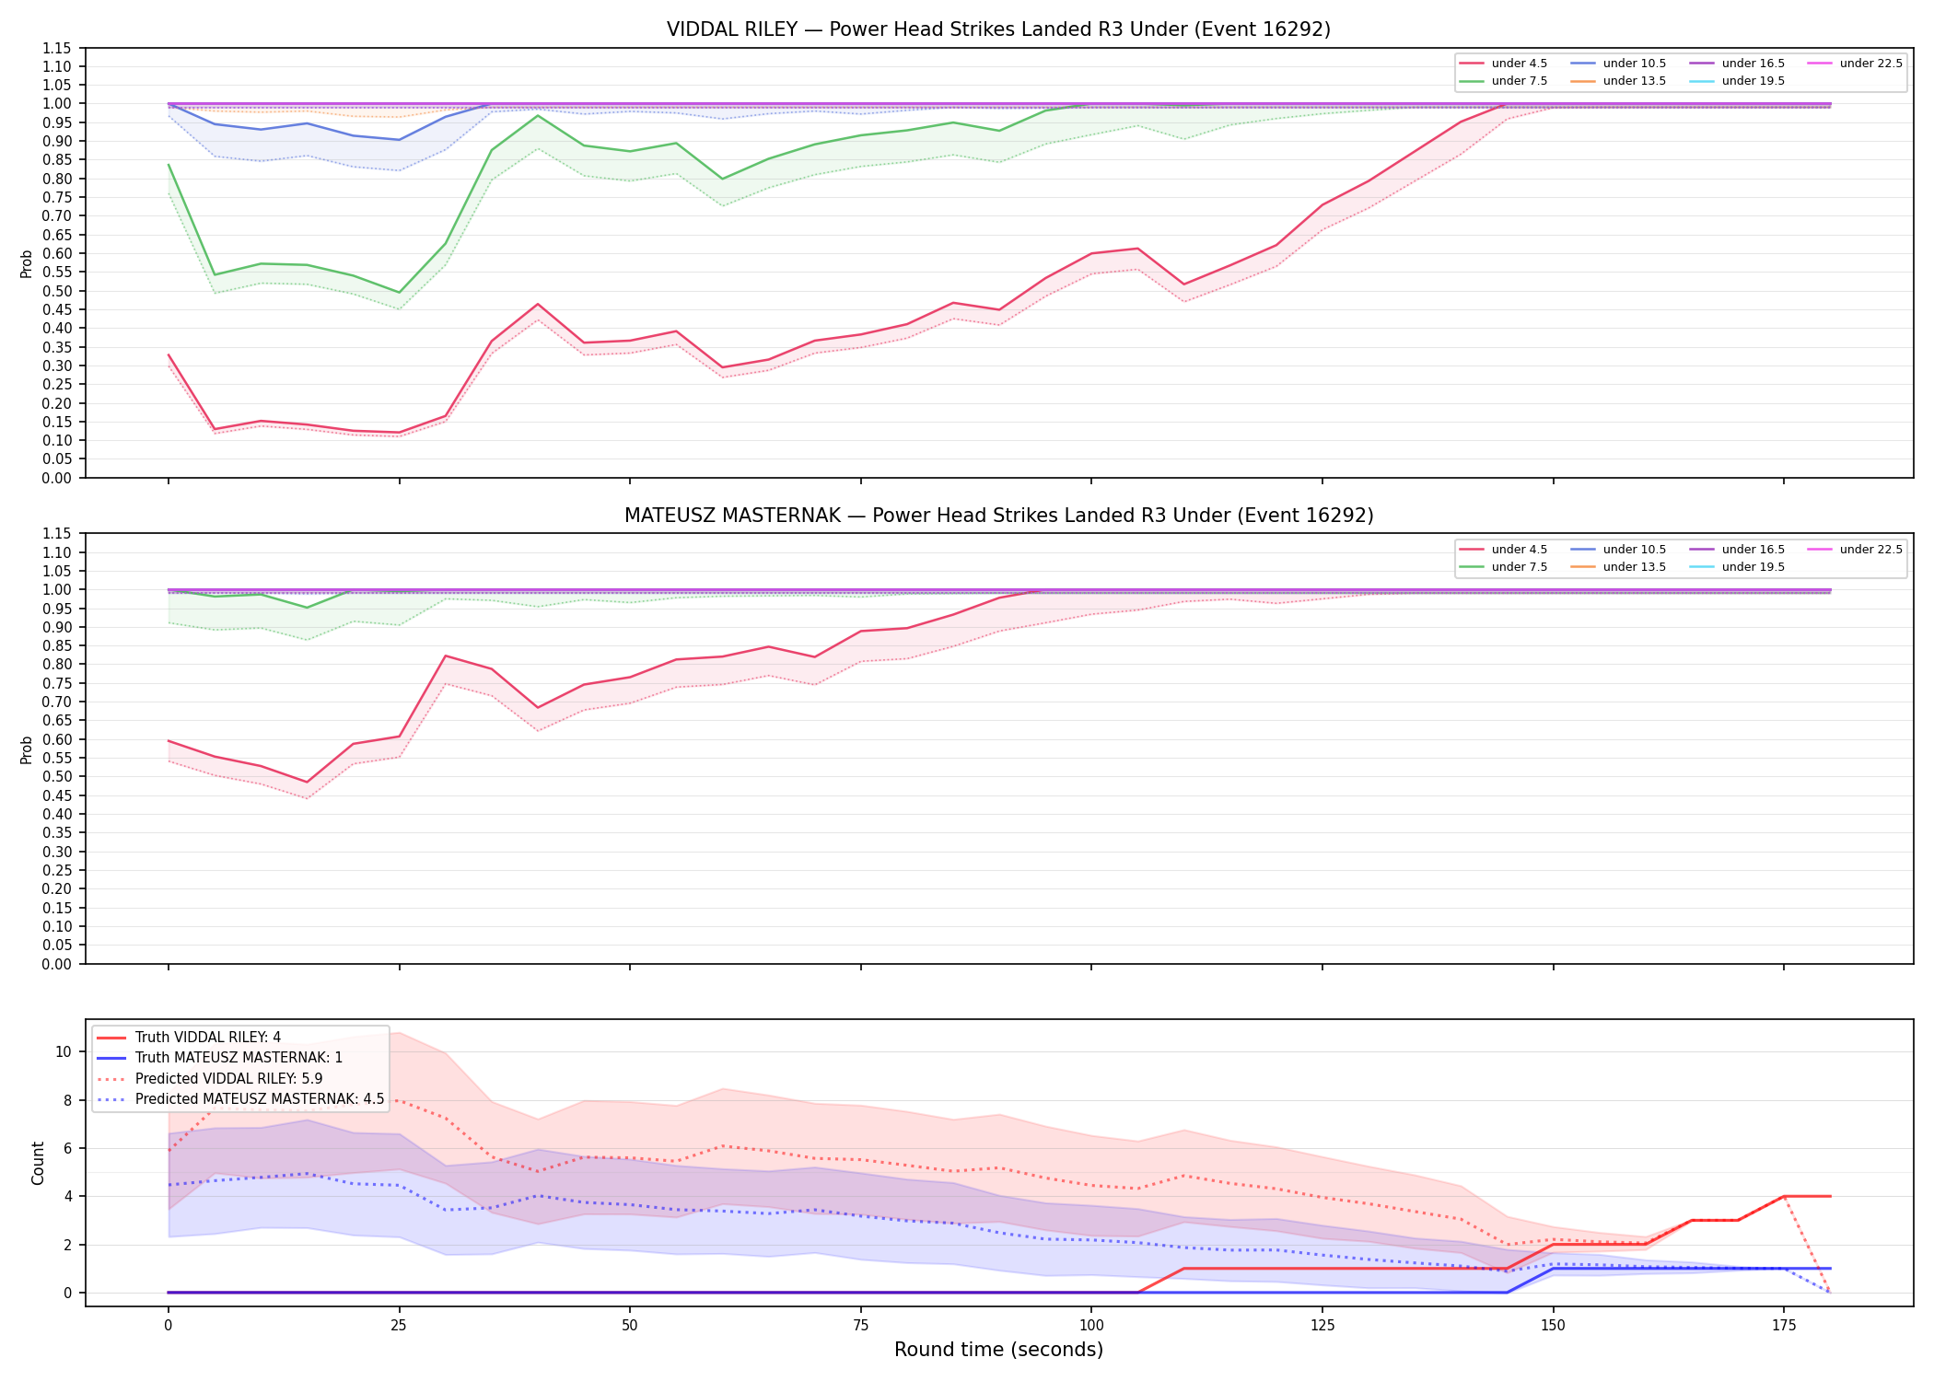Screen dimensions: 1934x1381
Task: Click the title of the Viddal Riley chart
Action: tap(998, 29)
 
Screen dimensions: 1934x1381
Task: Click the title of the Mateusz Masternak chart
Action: tap(998, 516)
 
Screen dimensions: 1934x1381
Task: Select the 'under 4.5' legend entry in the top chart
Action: tap(1503, 64)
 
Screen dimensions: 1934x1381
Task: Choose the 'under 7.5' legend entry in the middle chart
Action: tap(1503, 567)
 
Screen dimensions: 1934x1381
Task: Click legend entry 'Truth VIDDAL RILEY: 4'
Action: tap(189, 1038)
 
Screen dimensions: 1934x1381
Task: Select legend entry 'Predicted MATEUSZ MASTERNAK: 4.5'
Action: tap(240, 1098)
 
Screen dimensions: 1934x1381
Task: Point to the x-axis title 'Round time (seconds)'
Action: tap(998, 1350)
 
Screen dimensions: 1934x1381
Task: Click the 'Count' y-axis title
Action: tap(38, 1163)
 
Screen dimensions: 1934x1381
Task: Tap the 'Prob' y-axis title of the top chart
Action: tap(27, 263)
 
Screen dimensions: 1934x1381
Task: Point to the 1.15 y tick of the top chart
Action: tap(57, 48)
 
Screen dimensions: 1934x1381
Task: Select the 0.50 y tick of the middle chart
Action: tap(57, 776)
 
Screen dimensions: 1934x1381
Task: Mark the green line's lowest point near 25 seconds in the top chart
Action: tap(399, 293)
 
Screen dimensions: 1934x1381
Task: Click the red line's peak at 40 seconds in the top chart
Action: tap(538, 304)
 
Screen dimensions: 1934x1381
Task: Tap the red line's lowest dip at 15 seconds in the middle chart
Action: tap(307, 783)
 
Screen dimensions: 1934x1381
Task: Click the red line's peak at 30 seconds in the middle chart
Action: tap(446, 656)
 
